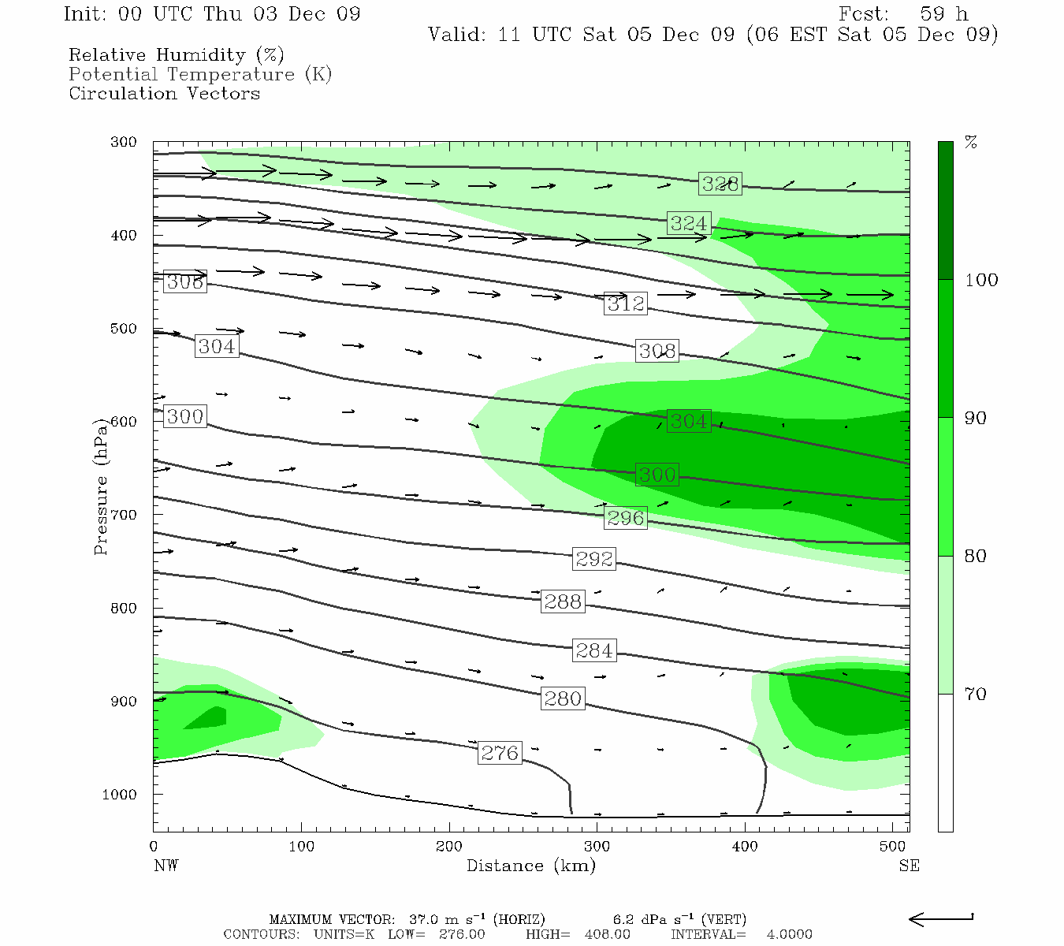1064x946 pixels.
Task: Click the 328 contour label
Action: (720, 184)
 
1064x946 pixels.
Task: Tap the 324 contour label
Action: (689, 223)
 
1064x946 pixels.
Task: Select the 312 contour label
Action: (626, 304)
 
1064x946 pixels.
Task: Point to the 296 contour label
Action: (626, 518)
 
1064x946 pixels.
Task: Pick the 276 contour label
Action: (500, 753)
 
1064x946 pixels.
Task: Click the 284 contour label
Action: (594, 650)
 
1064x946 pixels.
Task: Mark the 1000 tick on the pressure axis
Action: (119, 795)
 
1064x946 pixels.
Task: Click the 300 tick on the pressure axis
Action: (124, 143)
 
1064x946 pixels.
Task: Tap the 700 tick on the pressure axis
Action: (124, 515)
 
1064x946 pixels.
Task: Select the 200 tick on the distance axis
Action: (449, 847)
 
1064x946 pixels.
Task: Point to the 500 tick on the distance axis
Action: (892, 847)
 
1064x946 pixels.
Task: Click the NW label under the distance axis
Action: (166, 866)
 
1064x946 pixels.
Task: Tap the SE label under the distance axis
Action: (909, 866)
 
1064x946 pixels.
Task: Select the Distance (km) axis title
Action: (530, 866)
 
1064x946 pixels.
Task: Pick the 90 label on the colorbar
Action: (976, 418)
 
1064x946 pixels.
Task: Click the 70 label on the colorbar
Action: (976, 694)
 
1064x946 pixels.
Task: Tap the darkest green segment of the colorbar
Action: (945, 210)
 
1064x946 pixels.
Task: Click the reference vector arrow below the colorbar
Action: (941, 918)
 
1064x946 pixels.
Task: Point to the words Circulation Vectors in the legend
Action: (164, 93)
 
